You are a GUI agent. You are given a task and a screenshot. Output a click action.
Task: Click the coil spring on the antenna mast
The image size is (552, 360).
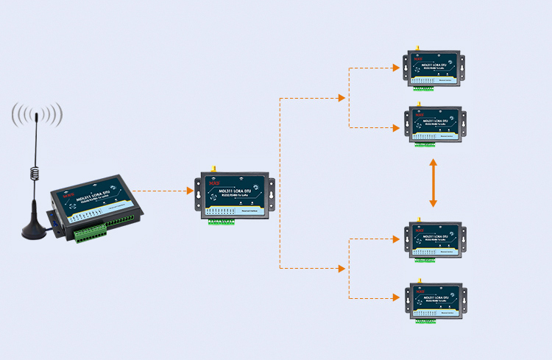coord(34,172)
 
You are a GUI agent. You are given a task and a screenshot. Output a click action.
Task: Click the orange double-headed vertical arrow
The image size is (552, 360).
coord(434,183)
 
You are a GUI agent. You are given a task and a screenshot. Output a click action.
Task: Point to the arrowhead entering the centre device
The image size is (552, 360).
coord(190,191)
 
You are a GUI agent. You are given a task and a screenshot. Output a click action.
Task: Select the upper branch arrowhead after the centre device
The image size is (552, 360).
coord(341,98)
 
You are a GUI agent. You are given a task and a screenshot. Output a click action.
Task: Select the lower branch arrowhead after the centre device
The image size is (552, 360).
coord(341,269)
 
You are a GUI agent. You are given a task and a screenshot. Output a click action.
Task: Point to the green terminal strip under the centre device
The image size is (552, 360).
coord(221,221)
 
